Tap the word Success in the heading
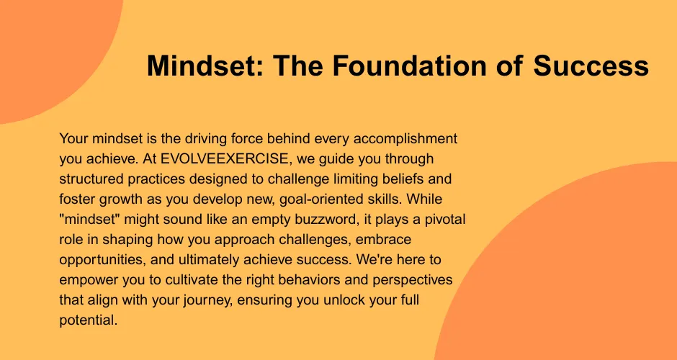pos(591,66)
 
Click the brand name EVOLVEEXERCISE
pos(224,159)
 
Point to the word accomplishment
pos(406,140)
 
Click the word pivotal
pos(444,220)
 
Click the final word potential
pos(88,320)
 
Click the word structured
pos(88,179)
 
